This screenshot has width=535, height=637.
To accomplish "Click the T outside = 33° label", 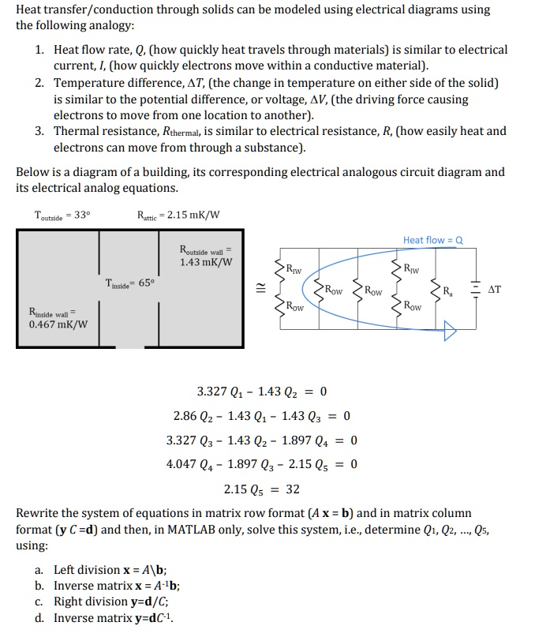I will (x=63, y=215).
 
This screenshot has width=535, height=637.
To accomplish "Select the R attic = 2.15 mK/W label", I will (x=178, y=215).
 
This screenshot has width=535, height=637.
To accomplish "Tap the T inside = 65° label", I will (x=131, y=283).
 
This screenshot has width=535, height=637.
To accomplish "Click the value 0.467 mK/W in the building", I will (x=58, y=324).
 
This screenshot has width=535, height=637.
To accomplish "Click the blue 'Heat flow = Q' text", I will (x=432, y=239).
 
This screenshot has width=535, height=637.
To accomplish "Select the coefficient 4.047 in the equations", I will (x=182, y=463).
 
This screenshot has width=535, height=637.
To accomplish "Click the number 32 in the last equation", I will (x=292, y=489).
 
